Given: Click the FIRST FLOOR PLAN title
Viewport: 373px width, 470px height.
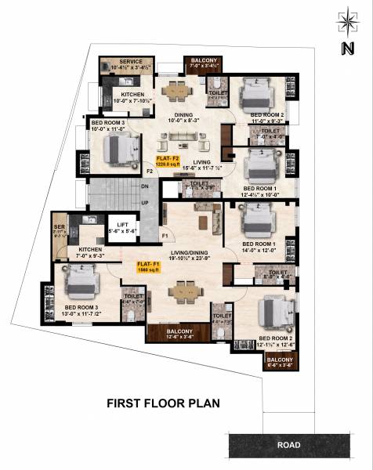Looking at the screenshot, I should pyautogui.click(x=163, y=404).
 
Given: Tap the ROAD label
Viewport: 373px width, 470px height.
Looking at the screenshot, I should pyautogui.click(x=288, y=445).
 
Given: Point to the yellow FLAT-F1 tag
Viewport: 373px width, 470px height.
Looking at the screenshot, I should pyautogui.click(x=149, y=266).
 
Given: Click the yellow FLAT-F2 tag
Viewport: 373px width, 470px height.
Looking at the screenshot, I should pyautogui.click(x=167, y=161).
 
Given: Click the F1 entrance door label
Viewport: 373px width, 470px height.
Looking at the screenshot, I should pyautogui.click(x=165, y=234).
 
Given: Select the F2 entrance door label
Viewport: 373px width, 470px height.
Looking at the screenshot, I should pyautogui.click(x=149, y=169).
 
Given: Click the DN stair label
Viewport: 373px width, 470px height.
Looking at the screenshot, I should pyautogui.click(x=146, y=187).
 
